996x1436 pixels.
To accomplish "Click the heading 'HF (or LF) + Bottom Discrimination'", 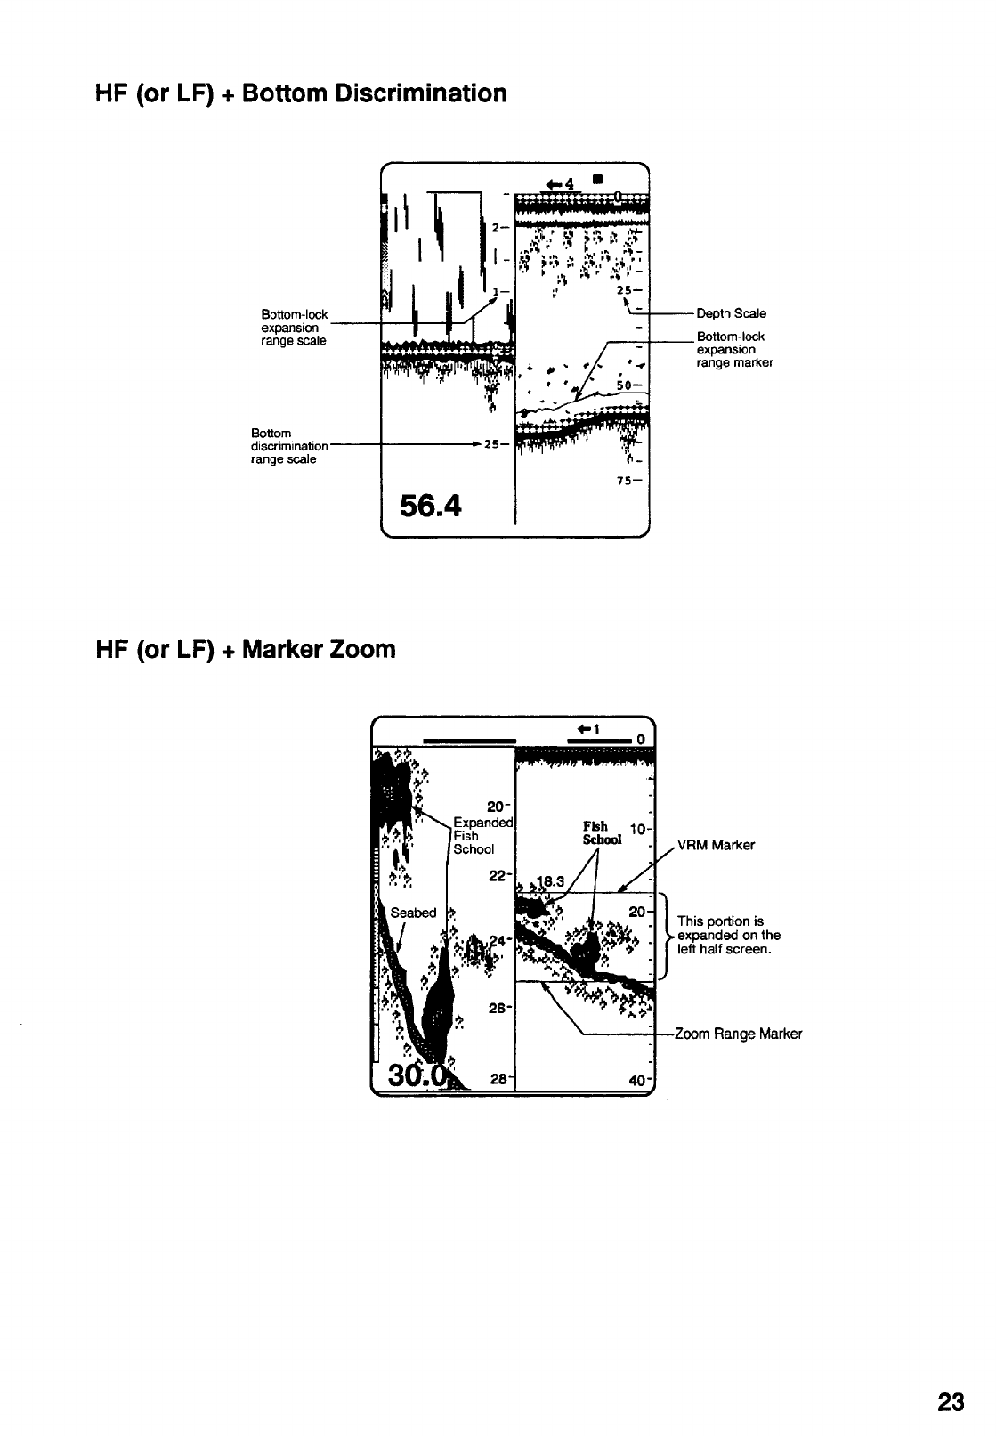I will tap(301, 93).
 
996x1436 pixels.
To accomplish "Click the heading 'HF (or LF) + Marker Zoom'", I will tap(245, 650).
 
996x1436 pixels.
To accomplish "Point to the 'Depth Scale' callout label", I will tap(731, 313).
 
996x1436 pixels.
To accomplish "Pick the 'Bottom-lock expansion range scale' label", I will tap(294, 328).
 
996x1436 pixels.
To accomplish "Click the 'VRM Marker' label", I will tap(716, 845).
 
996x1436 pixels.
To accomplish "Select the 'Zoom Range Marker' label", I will tap(738, 1034).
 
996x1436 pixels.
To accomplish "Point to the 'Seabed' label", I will tap(413, 913).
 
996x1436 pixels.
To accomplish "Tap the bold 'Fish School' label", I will tap(602, 833).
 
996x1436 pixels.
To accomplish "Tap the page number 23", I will tap(951, 1403).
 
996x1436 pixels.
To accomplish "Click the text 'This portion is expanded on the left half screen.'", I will tap(729, 935).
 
